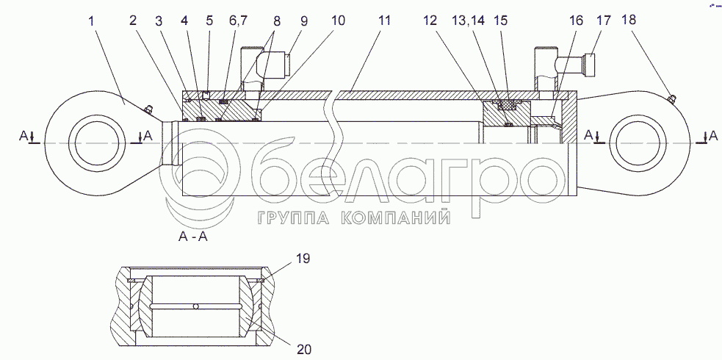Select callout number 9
click(x=303, y=21)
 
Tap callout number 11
click(x=384, y=21)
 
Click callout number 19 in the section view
click(x=303, y=258)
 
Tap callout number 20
click(x=304, y=350)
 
